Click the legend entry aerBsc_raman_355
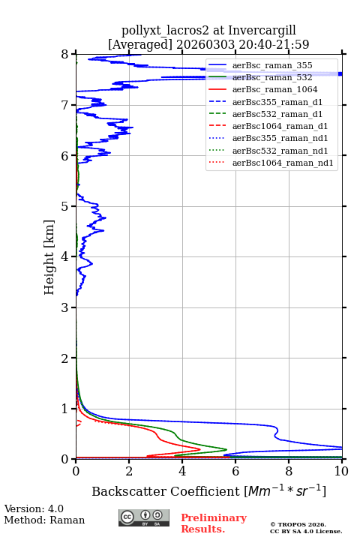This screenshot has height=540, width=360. coord(272,65)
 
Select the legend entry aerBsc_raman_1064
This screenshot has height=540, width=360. coord(275,89)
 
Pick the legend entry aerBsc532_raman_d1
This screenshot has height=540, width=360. coord(277,114)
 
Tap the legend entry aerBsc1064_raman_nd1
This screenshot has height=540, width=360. coord(283,163)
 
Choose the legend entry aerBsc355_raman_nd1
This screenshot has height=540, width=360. coord(280,139)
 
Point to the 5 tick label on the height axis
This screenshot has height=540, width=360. coord(64,206)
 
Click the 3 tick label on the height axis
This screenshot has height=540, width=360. coord(64,307)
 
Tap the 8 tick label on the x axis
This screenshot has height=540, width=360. coord(289,471)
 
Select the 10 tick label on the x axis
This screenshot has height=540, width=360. coord(341,471)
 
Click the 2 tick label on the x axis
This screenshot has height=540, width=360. coord(129,471)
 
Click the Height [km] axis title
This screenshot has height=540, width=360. coord(49,257)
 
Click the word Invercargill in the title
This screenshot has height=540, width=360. coord(262,30)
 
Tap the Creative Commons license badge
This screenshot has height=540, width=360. coord(144,517)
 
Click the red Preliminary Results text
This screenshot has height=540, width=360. coord(214,523)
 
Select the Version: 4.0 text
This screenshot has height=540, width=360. coord(34,508)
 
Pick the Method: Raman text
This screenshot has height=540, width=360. coord(44,520)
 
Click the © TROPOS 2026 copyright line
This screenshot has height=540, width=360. coord(298,524)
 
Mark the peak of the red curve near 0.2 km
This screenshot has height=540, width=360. coord(199,449)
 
